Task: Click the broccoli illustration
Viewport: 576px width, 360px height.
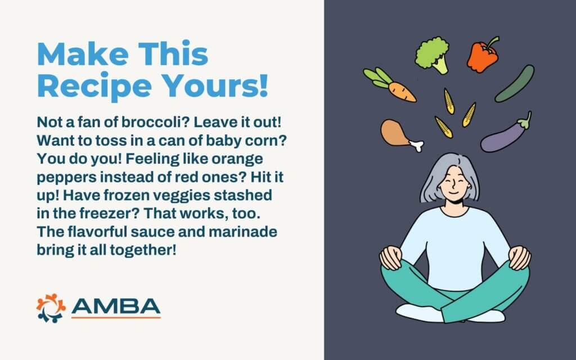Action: [433, 55]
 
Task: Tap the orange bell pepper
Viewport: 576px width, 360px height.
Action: [482, 56]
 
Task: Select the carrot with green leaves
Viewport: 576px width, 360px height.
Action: [390, 85]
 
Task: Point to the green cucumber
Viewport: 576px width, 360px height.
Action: [514, 84]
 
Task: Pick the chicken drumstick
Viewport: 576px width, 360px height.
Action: [400, 134]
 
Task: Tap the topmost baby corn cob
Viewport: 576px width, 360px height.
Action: [449, 101]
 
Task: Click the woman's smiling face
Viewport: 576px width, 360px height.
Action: [454, 184]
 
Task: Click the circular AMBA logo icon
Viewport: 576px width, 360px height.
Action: [51, 308]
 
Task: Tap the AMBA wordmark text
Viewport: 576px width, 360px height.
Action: [116, 307]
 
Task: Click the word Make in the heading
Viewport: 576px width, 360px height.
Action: [83, 54]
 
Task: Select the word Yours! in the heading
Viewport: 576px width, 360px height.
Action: [215, 85]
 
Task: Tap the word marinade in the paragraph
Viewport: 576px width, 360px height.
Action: [243, 232]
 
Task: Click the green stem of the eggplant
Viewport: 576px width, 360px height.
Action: [525, 120]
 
